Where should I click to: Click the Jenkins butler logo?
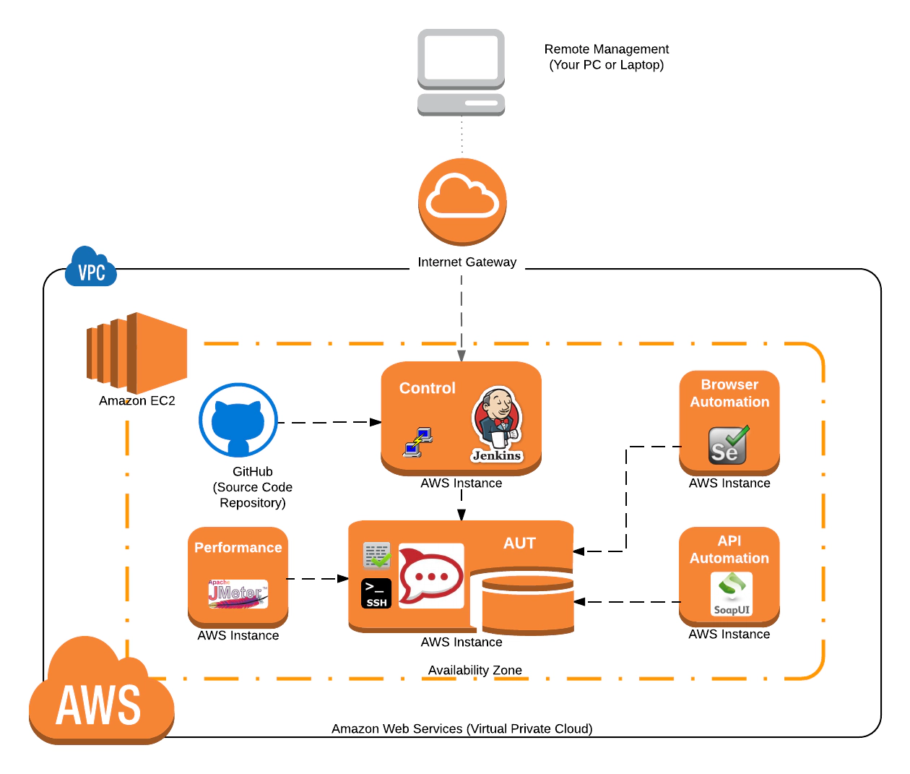point(497,424)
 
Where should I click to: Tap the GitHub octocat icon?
point(238,420)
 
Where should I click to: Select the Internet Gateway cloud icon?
point(462,202)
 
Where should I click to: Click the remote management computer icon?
point(461,72)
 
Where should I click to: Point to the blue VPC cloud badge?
point(90,268)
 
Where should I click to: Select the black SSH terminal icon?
point(376,593)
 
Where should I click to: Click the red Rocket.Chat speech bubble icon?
point(431,576)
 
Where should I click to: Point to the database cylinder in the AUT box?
point(527,601)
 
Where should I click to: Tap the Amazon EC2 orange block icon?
point(136,353)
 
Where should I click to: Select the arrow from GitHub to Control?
point(329,422)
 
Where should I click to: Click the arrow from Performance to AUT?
point(318,578)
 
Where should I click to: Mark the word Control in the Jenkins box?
point(428,388)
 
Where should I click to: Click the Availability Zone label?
point(474,670)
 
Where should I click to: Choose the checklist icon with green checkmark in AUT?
point(376,555)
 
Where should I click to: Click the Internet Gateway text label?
point(467,262)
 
